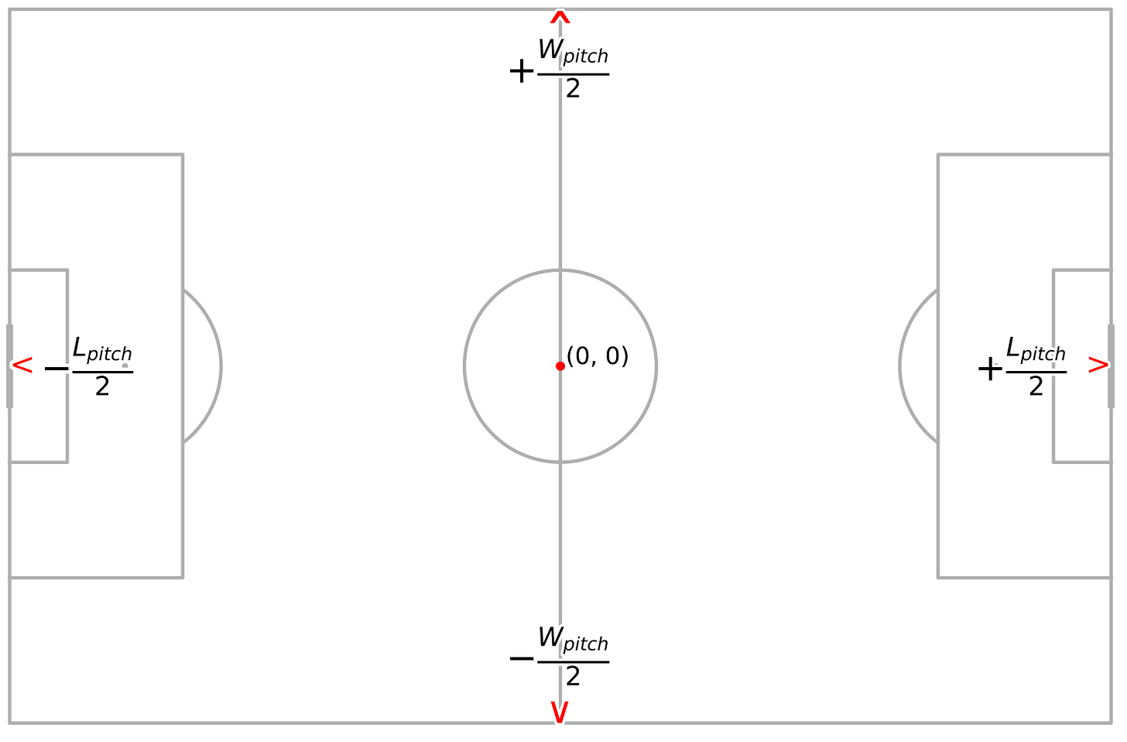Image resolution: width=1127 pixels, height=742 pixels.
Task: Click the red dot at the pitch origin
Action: pos(560,366)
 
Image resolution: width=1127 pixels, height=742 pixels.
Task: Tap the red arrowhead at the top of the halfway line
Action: pos(560,16)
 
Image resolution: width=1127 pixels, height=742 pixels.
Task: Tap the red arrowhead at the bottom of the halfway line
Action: pos(560,713)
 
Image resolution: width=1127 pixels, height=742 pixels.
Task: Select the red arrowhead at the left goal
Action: pos(23,366)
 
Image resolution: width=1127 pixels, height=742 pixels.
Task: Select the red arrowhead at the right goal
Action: pos(1098,366)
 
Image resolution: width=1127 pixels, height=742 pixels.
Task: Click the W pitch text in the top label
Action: pos(573,52)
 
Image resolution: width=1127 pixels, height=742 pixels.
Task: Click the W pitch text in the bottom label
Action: pos(573,640)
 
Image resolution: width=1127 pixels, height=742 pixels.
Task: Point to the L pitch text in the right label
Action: pos(1036,350)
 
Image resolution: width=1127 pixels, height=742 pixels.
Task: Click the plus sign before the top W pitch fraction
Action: pos(522,72)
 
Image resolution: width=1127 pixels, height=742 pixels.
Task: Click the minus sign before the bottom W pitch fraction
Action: pos(522,659)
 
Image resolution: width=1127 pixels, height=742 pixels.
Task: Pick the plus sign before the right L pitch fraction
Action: pos(990,369)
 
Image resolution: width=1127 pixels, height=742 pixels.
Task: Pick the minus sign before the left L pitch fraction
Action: pos(57,369)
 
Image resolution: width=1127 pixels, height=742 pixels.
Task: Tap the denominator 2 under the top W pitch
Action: pos(573,90)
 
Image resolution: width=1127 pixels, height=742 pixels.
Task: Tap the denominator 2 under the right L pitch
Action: pos(1036,386)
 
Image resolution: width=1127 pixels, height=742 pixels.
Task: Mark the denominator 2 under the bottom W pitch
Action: pos(573,677)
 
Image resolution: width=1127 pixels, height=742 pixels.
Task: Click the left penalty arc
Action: pos(221,366)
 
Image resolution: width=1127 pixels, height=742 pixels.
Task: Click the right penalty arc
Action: pos(901,366)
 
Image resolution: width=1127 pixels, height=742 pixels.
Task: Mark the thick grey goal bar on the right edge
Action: pos(1111,366)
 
